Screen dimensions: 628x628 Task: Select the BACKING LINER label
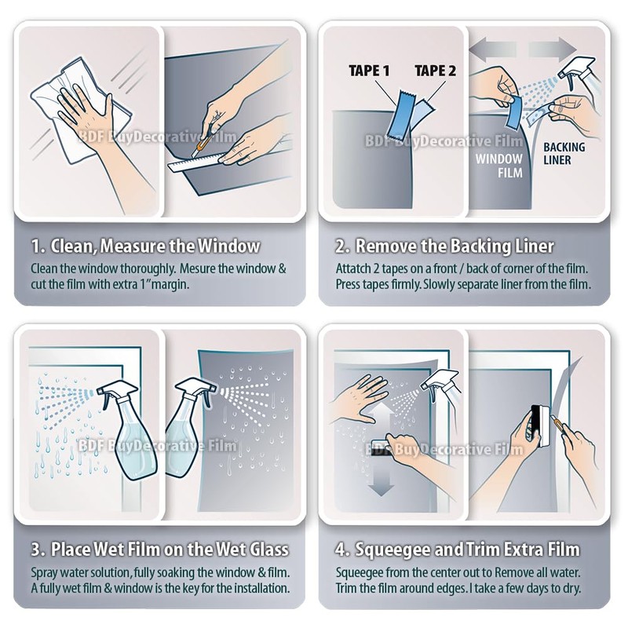564,153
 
